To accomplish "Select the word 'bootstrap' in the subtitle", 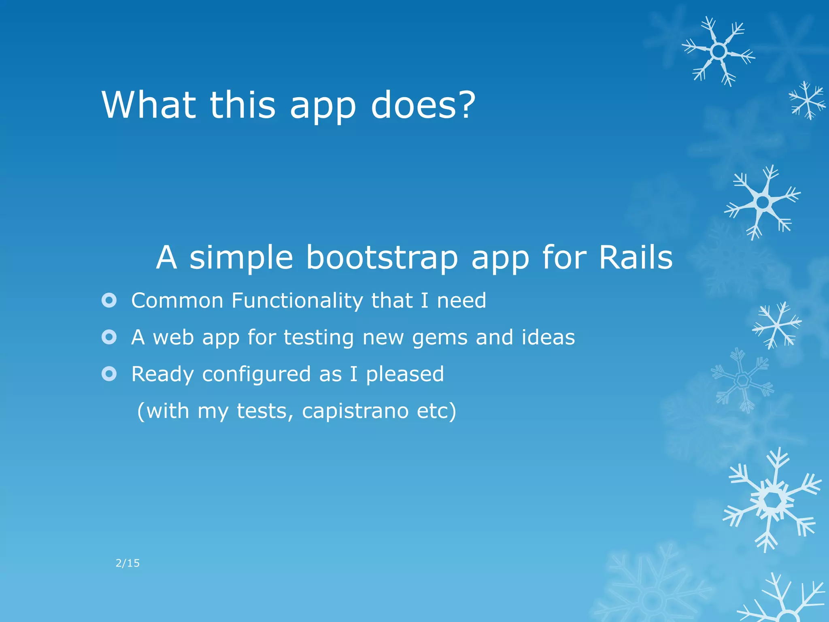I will [x=382, y=258].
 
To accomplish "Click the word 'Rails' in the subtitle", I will [x=636, y=258].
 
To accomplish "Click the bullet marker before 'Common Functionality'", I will [x=109, y=300].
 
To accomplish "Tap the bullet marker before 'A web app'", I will [x=109, y=337].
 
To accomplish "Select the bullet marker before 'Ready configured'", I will [x=109, y=374].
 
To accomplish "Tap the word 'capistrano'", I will [x=355, y=411].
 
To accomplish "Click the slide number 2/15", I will [x=128, y=563].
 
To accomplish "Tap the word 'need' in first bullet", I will [x=461, y=301].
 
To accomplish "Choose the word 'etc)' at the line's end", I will [x=437, y=411].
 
